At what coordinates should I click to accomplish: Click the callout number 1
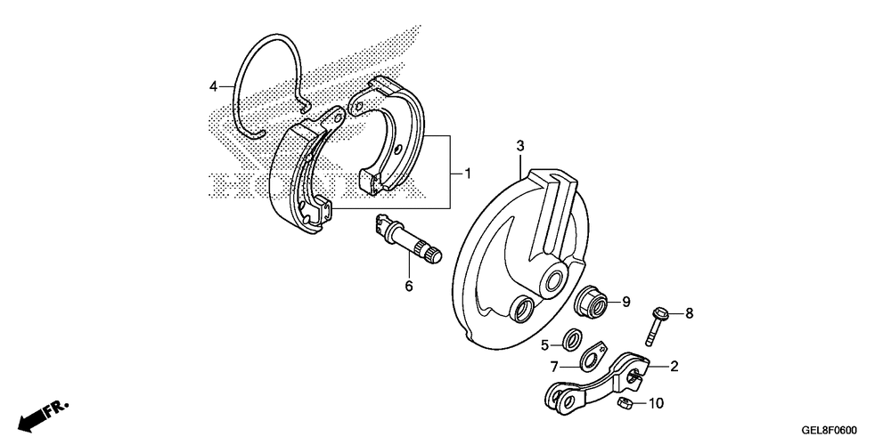(465, 173)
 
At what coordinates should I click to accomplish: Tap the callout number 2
(674, 365)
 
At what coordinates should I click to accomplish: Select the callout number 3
(519, 146)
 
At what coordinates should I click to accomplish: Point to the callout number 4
(213, 86)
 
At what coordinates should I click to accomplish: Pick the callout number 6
(409, 286)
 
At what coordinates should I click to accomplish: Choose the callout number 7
(553, 365)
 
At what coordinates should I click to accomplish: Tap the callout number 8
(688, 313)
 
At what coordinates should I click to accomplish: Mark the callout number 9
(625, 302)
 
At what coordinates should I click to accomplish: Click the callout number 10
(656, 403)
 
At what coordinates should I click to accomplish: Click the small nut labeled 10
(625, 406)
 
